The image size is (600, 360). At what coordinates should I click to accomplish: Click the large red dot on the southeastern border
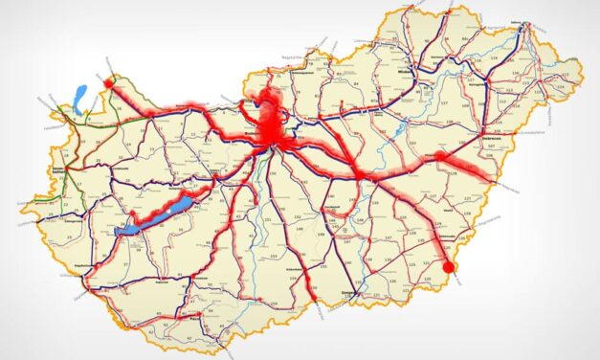point(448,266)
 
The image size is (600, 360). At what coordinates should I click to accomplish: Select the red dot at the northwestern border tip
point(108,83)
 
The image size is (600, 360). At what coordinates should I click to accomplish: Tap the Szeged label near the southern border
point(346,294)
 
